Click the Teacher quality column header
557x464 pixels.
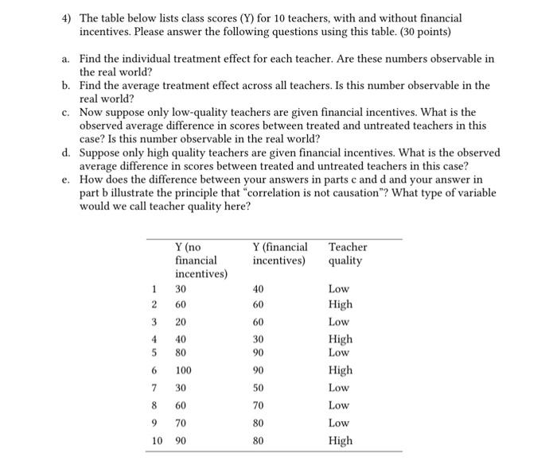[x=347, y=253]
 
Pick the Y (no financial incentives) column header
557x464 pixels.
[x=201, y=260]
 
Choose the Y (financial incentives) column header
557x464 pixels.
[x=279, y=253]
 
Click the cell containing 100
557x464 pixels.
[x=185, y=370]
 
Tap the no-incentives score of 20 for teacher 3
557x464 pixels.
[x=181, y=322]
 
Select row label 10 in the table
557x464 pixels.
[x=158, y=440]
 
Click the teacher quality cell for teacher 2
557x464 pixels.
[x=340, y=304]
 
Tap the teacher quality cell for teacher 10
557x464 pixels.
[x=340, y=440]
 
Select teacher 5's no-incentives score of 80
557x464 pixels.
[x=181, y=351]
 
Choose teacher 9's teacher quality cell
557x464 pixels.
[x=339, y=422]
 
